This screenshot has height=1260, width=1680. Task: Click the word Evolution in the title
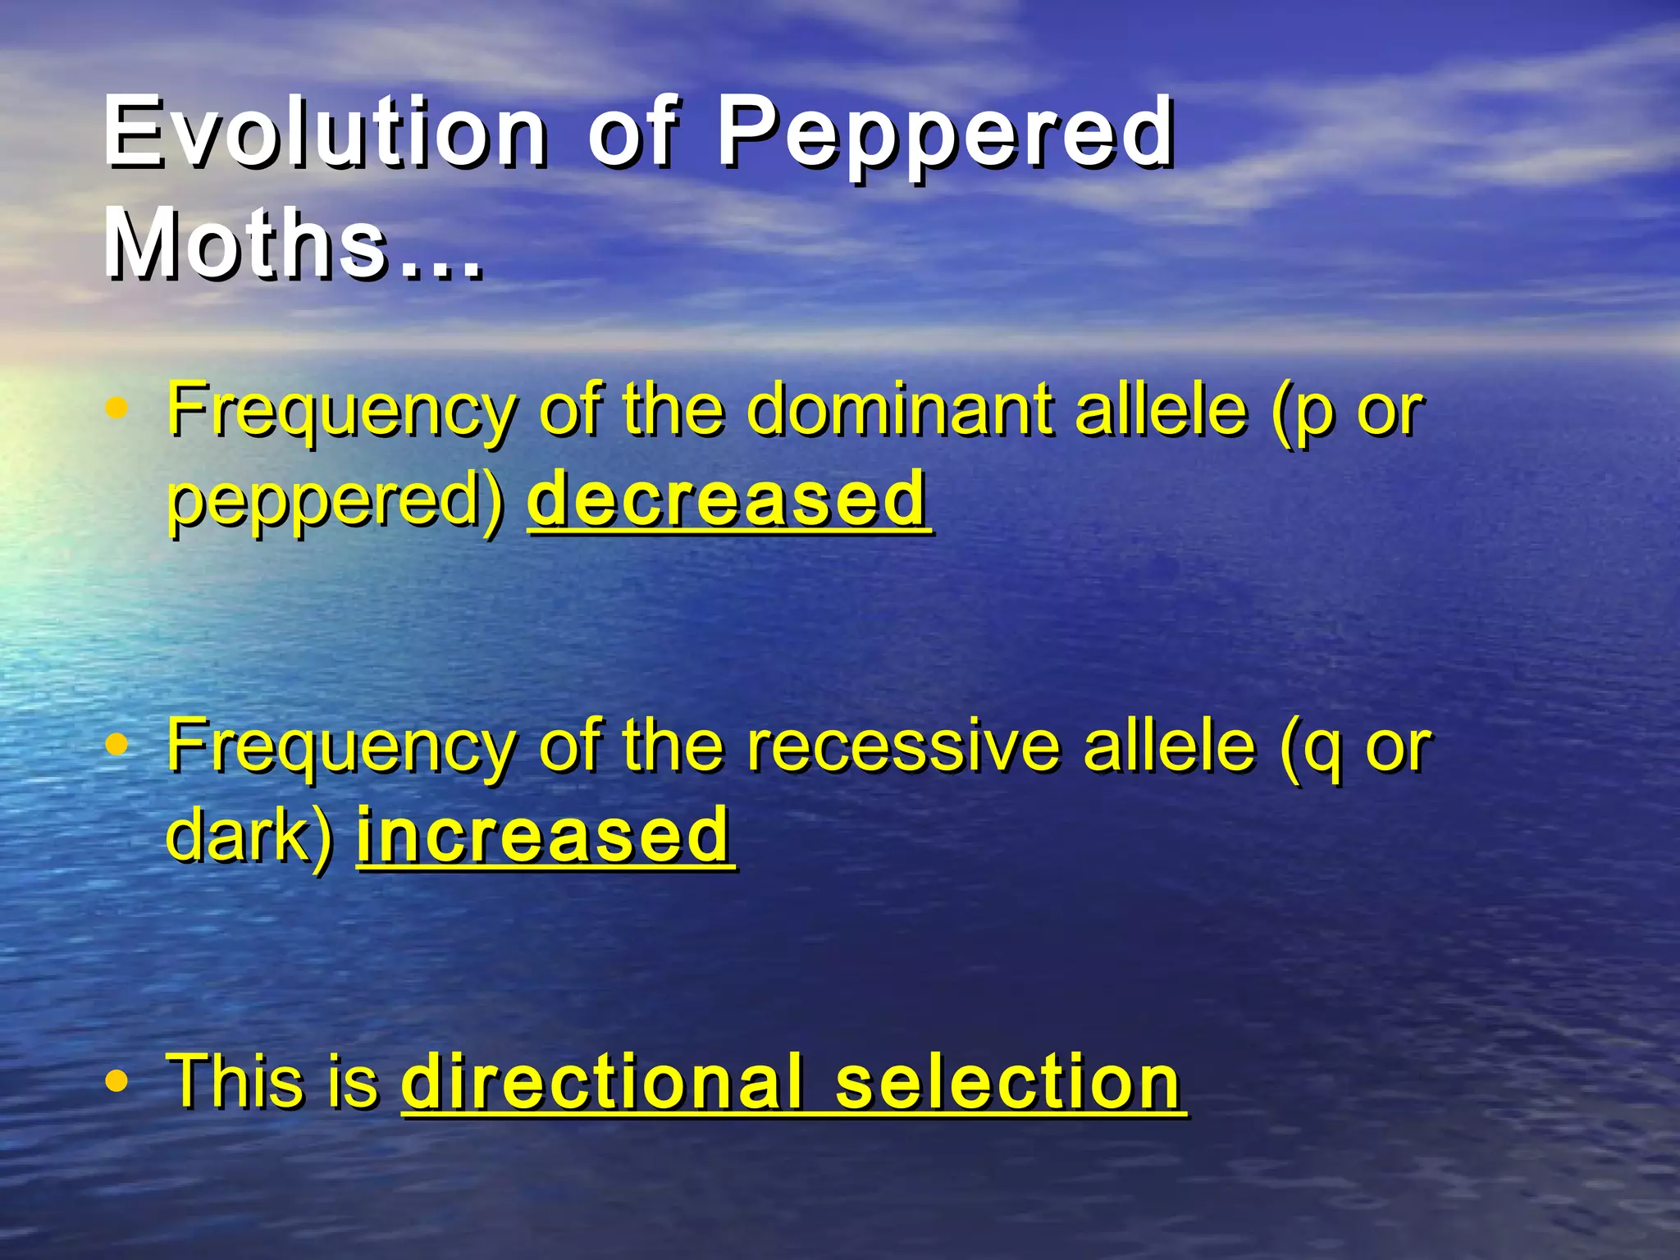pyautogui.click(x=325, y=131)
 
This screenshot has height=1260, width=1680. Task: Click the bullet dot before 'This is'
pyautogui.click(x=118, y=1081)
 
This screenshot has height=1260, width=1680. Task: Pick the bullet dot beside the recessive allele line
pyautogui.click(x=118, y=744)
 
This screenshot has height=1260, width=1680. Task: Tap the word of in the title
pyautogui.click(x=632, y=131)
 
